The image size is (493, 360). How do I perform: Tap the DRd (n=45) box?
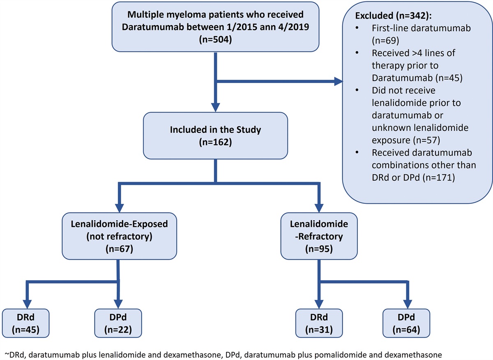click(26, 323)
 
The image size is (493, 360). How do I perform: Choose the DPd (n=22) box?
click(118, 323)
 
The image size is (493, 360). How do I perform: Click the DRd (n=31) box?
click(319, 323)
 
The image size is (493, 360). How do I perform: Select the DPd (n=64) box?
click(407, 323)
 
